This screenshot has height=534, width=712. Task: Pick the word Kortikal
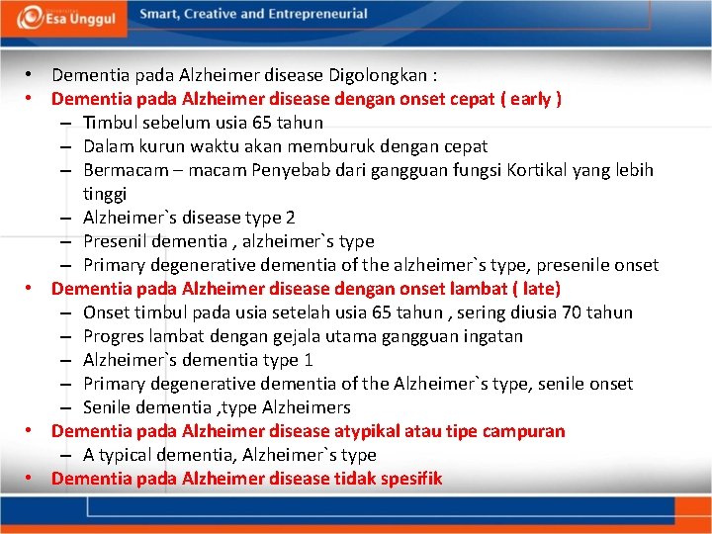tap(543, 170)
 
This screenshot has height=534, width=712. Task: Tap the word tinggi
tap(105, 194)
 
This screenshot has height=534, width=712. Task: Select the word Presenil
tap(115, 241)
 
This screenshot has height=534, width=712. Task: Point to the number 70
tap(573, 312)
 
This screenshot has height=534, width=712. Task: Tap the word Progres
tap(114, 336)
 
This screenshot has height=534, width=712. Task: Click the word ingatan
tap(491, 336)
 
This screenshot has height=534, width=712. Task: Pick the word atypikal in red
tap(373, 431)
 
